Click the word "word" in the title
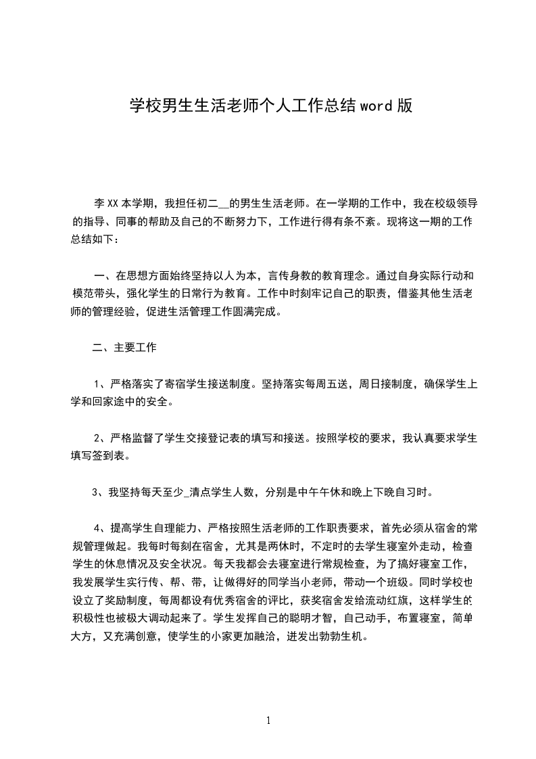click(375, 106)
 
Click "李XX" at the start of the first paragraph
click(106, 202)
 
